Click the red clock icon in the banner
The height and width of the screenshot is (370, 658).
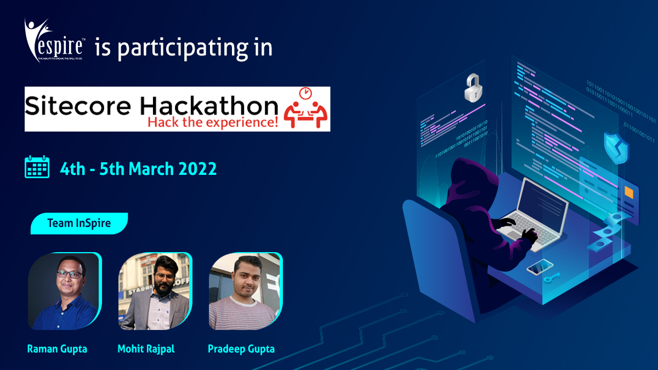click(x=305, y=93)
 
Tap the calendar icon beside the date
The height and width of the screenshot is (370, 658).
click(x=37, y=168)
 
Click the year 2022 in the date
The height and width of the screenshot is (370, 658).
click(x=198, y=168)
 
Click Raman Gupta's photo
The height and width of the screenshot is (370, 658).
click(x=65, y=292)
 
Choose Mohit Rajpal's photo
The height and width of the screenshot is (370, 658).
click(x=155, y=292)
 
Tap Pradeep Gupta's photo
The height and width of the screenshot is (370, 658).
click(x=245, y=292)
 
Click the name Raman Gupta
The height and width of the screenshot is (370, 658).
click(x=57, y=349)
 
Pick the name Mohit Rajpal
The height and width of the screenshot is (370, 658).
click(x=146, y=349)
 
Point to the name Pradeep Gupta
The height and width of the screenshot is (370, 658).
click(x=241, y=349)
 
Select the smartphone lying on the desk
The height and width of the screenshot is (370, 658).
click(x=540, y=267)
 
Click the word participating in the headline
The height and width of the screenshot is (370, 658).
click(x=179, y=48)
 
